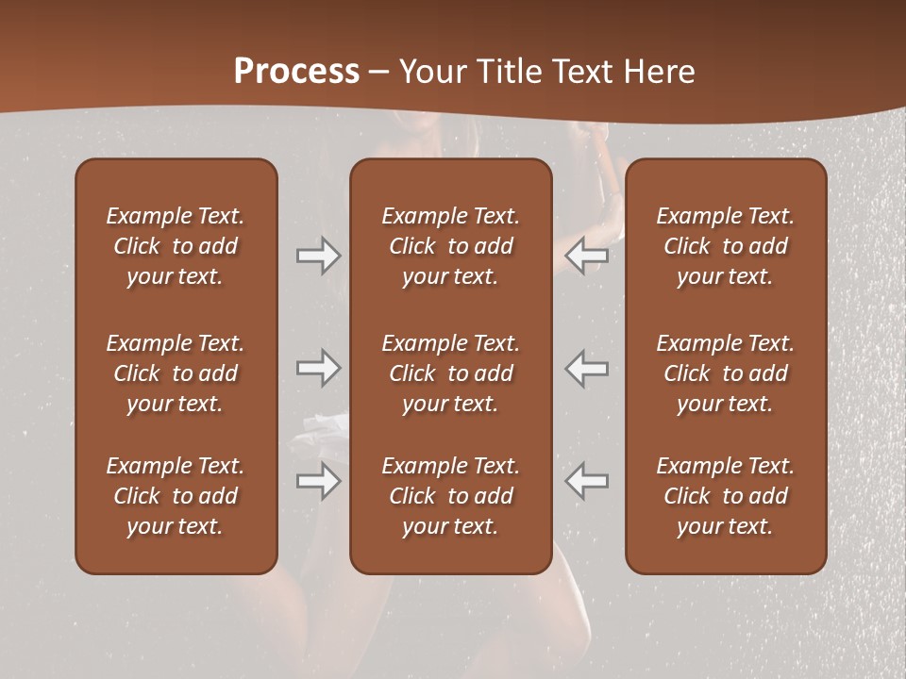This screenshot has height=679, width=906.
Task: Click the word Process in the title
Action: point(296,72)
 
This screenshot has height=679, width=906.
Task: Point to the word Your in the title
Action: point(433,72)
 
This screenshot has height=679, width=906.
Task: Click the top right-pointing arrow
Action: point(318,256)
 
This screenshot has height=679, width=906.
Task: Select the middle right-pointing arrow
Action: point(318,368)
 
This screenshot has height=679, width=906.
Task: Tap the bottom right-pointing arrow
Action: point(318,480)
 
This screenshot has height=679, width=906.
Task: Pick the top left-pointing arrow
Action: point(586,256)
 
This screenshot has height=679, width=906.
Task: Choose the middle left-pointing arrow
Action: point(586,368)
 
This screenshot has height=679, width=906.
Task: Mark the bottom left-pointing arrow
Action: point(586,480)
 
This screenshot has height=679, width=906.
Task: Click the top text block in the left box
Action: point(176,246)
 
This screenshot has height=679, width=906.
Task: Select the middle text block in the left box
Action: point(176,373)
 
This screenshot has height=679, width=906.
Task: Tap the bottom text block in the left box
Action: point(176,496)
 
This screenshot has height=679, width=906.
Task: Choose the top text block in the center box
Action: point(450,246)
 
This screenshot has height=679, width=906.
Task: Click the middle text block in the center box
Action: point(450,373)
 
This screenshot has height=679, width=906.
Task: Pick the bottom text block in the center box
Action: point(450,496)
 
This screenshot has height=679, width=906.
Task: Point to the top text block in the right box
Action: point(725,246)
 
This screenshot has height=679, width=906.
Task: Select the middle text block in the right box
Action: point(725,373)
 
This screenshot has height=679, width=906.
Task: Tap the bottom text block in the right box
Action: point(725,496)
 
